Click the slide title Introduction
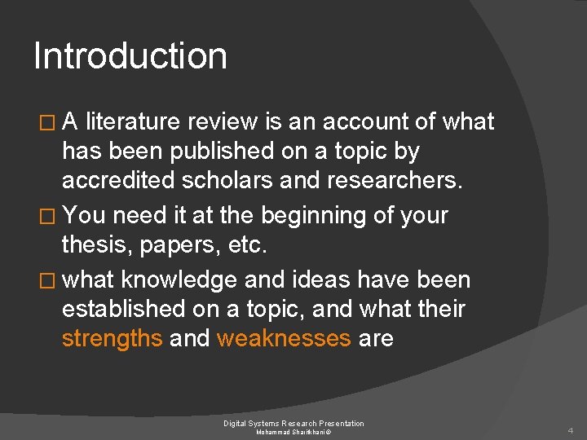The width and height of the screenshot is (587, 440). tap(130, 56)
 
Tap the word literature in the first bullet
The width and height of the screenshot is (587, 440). tap(133, 122)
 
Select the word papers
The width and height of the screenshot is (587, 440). tap(179, 244)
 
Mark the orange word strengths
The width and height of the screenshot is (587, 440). tap(113, 338)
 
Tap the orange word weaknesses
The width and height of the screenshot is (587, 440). tap(284, 338)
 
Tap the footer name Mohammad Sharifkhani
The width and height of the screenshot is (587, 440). tap(293, 432)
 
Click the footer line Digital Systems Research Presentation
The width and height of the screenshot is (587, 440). tap(293, 423)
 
